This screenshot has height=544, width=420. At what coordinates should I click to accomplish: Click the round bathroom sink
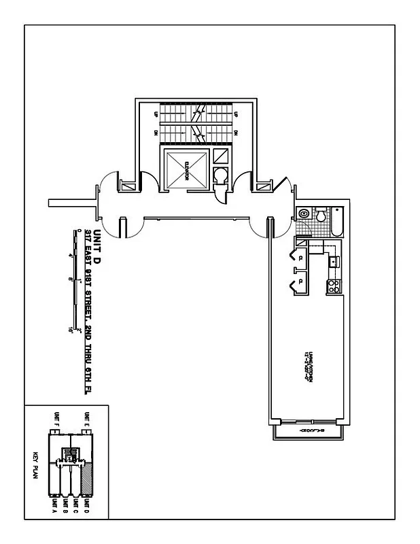[304, 214]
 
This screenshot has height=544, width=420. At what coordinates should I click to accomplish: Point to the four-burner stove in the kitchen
[334, 286]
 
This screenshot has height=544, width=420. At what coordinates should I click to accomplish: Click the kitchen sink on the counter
[333, 260]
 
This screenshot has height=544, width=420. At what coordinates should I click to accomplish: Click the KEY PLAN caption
[35, 466]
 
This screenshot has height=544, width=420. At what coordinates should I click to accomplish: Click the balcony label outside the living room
[309, 431]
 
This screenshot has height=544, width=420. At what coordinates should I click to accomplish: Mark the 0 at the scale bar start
[79, 231]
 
